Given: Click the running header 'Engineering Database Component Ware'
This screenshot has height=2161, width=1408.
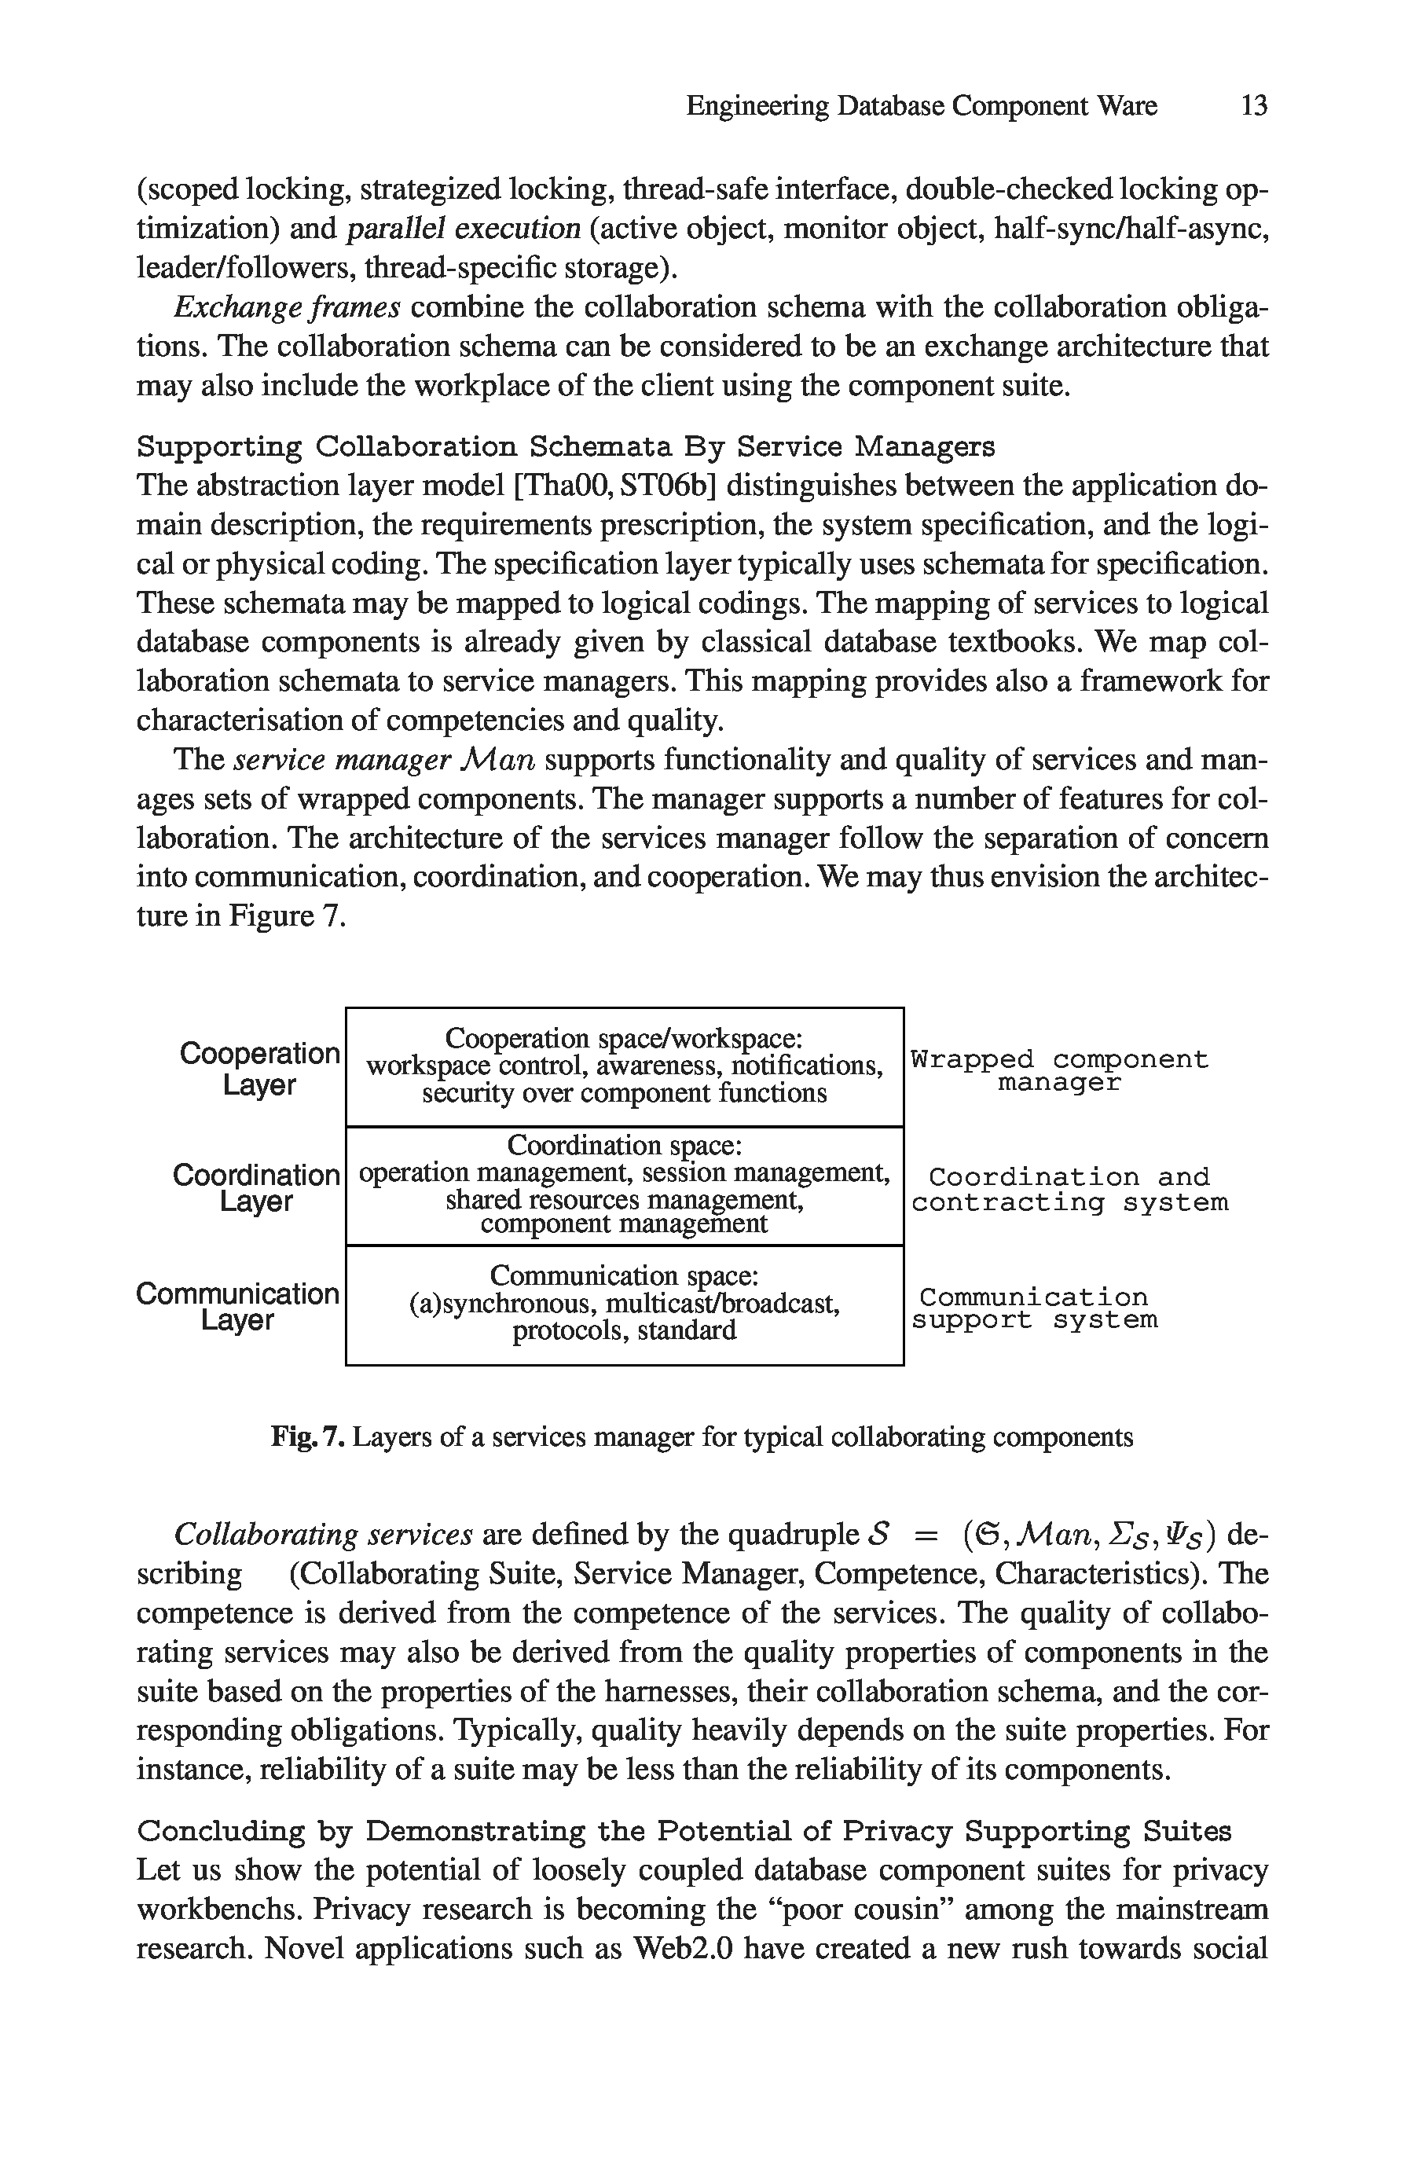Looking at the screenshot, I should pos(921,106).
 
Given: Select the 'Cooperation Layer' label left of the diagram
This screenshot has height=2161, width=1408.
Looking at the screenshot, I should pos(259,1069).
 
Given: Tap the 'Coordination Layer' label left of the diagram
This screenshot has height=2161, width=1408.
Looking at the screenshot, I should pos(256,1187).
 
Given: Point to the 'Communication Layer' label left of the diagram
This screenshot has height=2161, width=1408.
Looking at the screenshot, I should pos(238,1307).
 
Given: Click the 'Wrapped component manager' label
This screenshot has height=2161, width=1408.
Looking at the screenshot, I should pos(1059,1071).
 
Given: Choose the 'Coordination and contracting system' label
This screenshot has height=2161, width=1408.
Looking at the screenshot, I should pos(1069,1190).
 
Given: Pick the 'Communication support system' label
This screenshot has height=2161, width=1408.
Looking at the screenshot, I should pos(1035,1308).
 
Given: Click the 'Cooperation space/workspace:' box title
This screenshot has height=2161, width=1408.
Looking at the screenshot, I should pos(624,1038).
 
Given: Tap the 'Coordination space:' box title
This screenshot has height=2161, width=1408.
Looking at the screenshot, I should pos(625,1145).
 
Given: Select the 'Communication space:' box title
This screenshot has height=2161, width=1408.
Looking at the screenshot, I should pos(625,1275).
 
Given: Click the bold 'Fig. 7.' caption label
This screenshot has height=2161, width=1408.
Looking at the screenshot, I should pos(308,1437).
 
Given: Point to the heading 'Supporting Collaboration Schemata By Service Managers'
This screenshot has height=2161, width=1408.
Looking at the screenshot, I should pos(566,446).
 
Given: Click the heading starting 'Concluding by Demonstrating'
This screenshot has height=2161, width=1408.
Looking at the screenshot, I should pos(684,1832).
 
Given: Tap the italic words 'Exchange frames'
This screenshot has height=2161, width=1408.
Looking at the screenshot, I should pos(287,308).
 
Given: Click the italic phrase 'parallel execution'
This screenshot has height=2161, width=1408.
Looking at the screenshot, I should pos(464,228).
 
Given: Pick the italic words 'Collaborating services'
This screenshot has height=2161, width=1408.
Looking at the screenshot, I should pos(323,1535).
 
